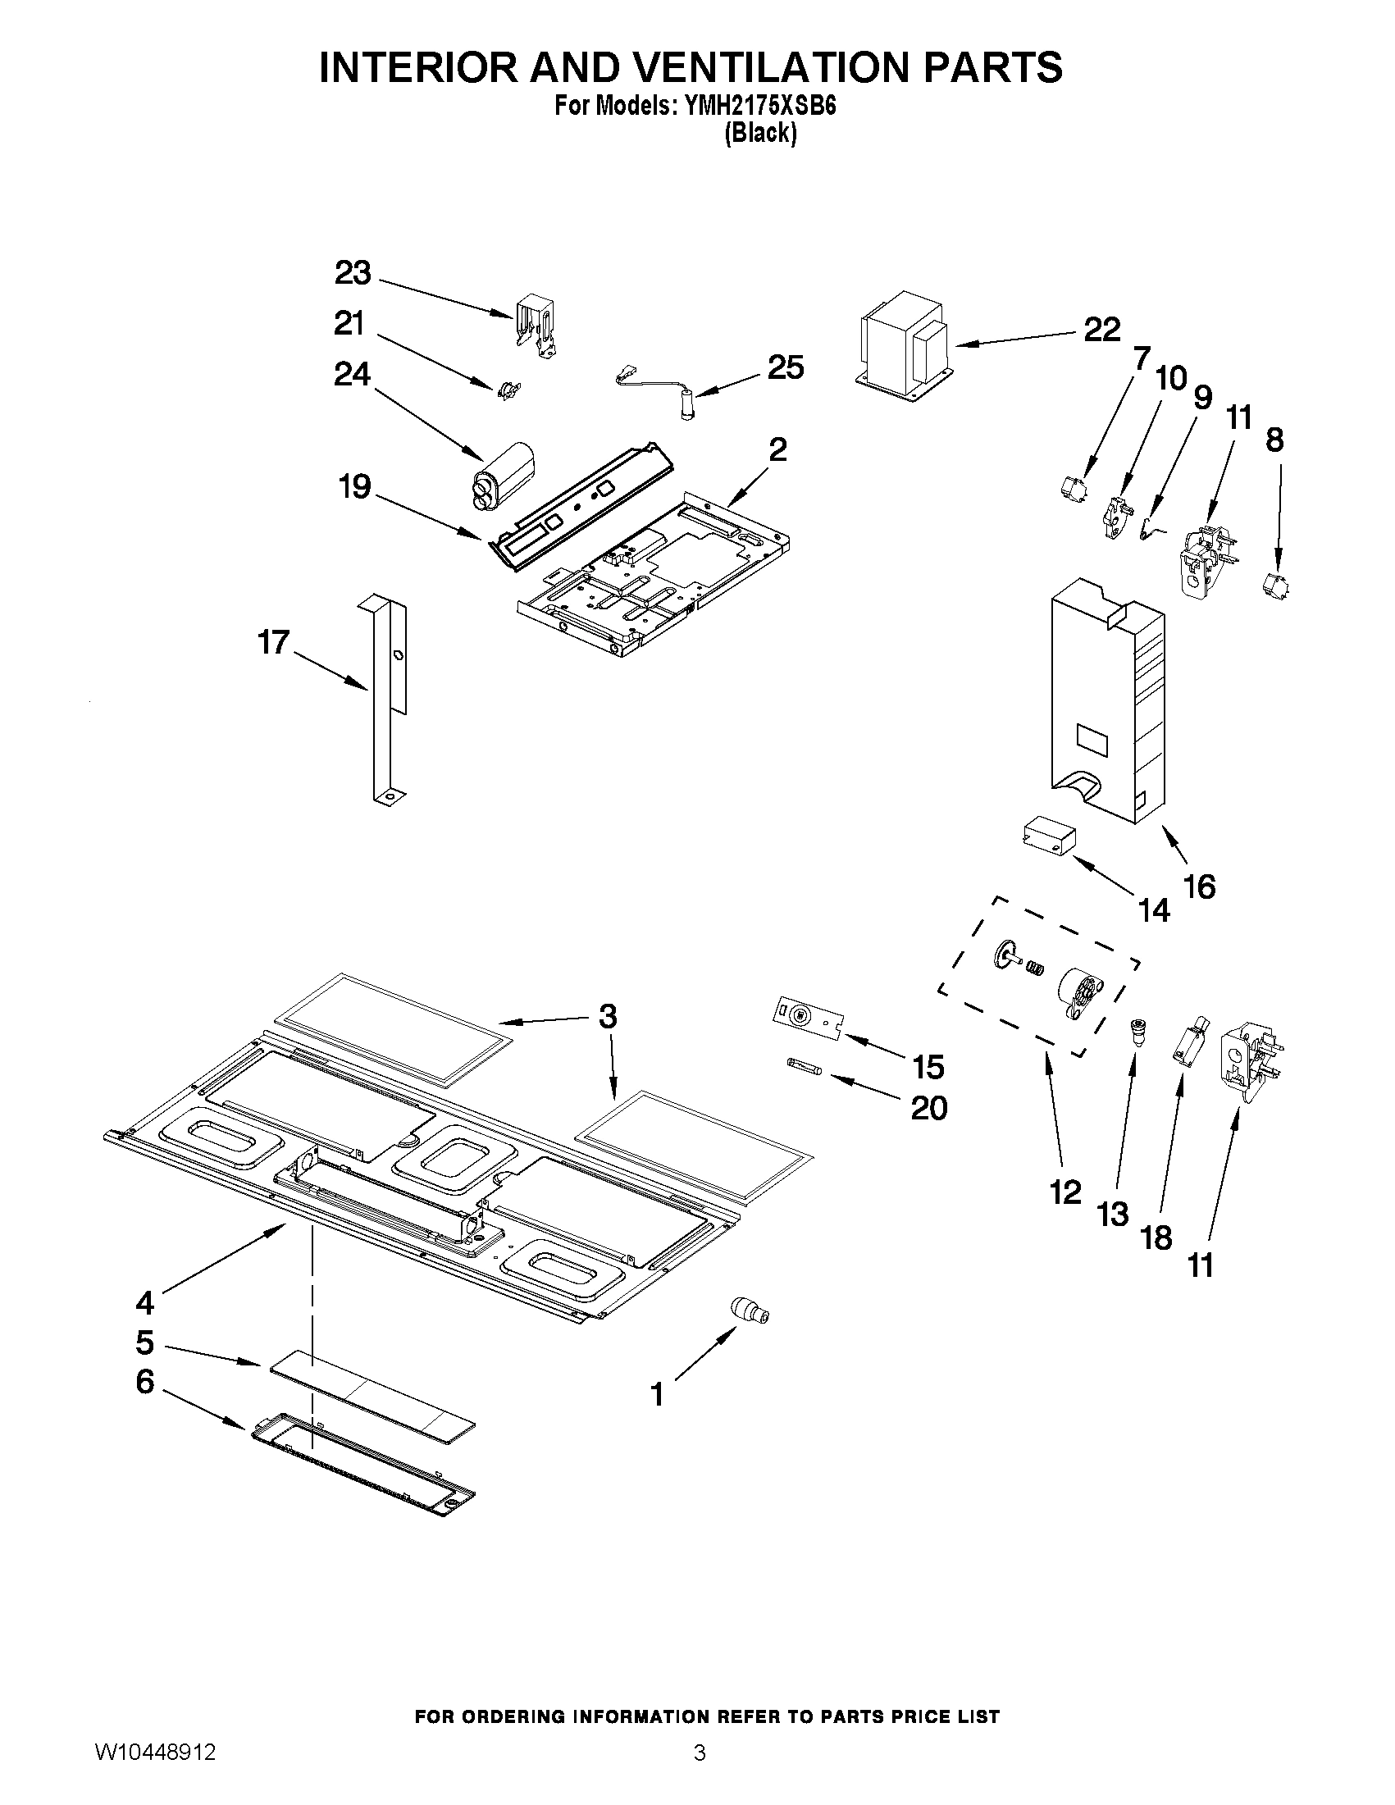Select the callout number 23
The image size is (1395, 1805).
point(353,273)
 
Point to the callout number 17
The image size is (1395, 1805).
point(274,641)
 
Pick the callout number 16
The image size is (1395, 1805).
point(1199,887)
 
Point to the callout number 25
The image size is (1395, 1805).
point(785,367)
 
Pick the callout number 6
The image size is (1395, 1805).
point(145,1381)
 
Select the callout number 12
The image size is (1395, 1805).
point(1065,1192)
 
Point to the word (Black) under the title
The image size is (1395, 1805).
point(760,133)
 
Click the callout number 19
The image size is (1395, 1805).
point(354,487)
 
